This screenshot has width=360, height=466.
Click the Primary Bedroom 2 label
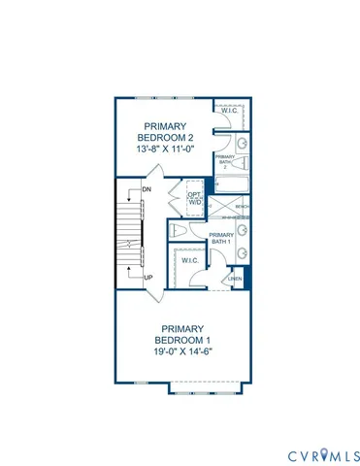pos(166,132)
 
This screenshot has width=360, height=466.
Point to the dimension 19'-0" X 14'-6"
pos(181,351)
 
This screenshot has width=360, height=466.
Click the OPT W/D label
pos(195,198)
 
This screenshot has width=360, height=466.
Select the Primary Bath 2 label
pos(224,160)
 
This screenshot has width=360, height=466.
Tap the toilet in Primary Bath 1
pos(178,231)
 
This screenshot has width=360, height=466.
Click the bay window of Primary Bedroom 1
pos(206,387)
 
